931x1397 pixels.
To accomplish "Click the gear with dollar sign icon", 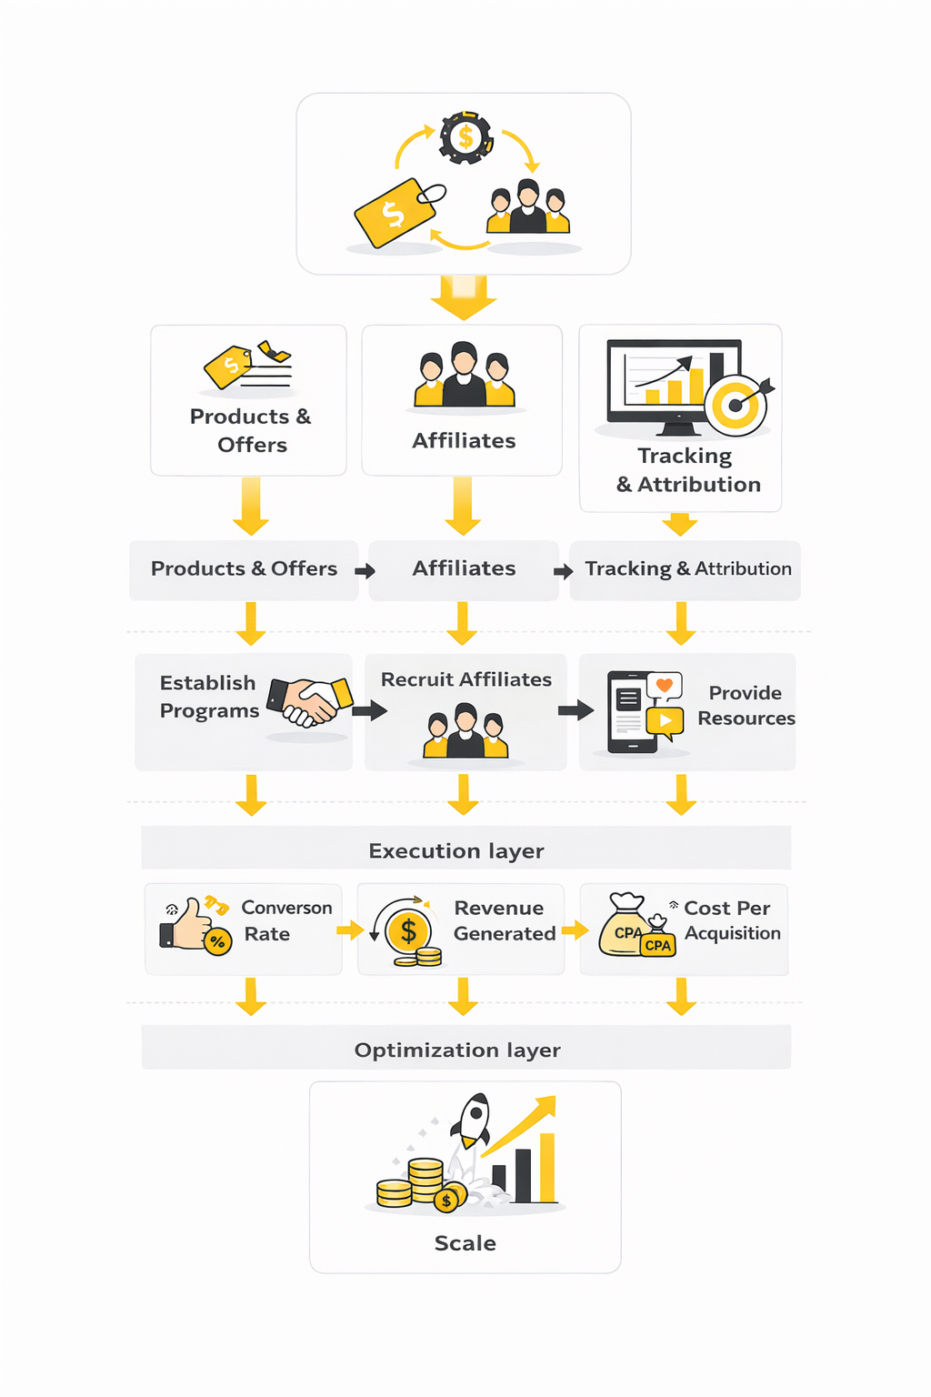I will coord(465,138).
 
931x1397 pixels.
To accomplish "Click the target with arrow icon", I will coord(737,404).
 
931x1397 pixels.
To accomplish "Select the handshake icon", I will coord(310,701).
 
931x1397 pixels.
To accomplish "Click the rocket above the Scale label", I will coord(474,1120).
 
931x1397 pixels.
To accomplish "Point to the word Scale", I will coord(465,1243).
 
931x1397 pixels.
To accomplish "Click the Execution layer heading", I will coord(455,850).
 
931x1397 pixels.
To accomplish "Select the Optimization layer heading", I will coord(457,1050).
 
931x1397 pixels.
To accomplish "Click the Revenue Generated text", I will coord(504,920).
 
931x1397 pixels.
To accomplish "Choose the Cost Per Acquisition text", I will coord(731,920).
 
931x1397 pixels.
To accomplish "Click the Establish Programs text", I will coord(208,697).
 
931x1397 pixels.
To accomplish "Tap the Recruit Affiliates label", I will coord(465,679).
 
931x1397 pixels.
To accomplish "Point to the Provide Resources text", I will coord(746,705).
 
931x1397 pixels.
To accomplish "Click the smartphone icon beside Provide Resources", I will coord(630,712).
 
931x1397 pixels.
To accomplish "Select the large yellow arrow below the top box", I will coord(464,298).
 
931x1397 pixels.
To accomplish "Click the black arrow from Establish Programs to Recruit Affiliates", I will coord(369,710).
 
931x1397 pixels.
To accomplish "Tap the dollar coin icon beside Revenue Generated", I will coord(408,930).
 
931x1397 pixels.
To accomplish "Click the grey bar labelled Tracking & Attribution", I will coord(687,569).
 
